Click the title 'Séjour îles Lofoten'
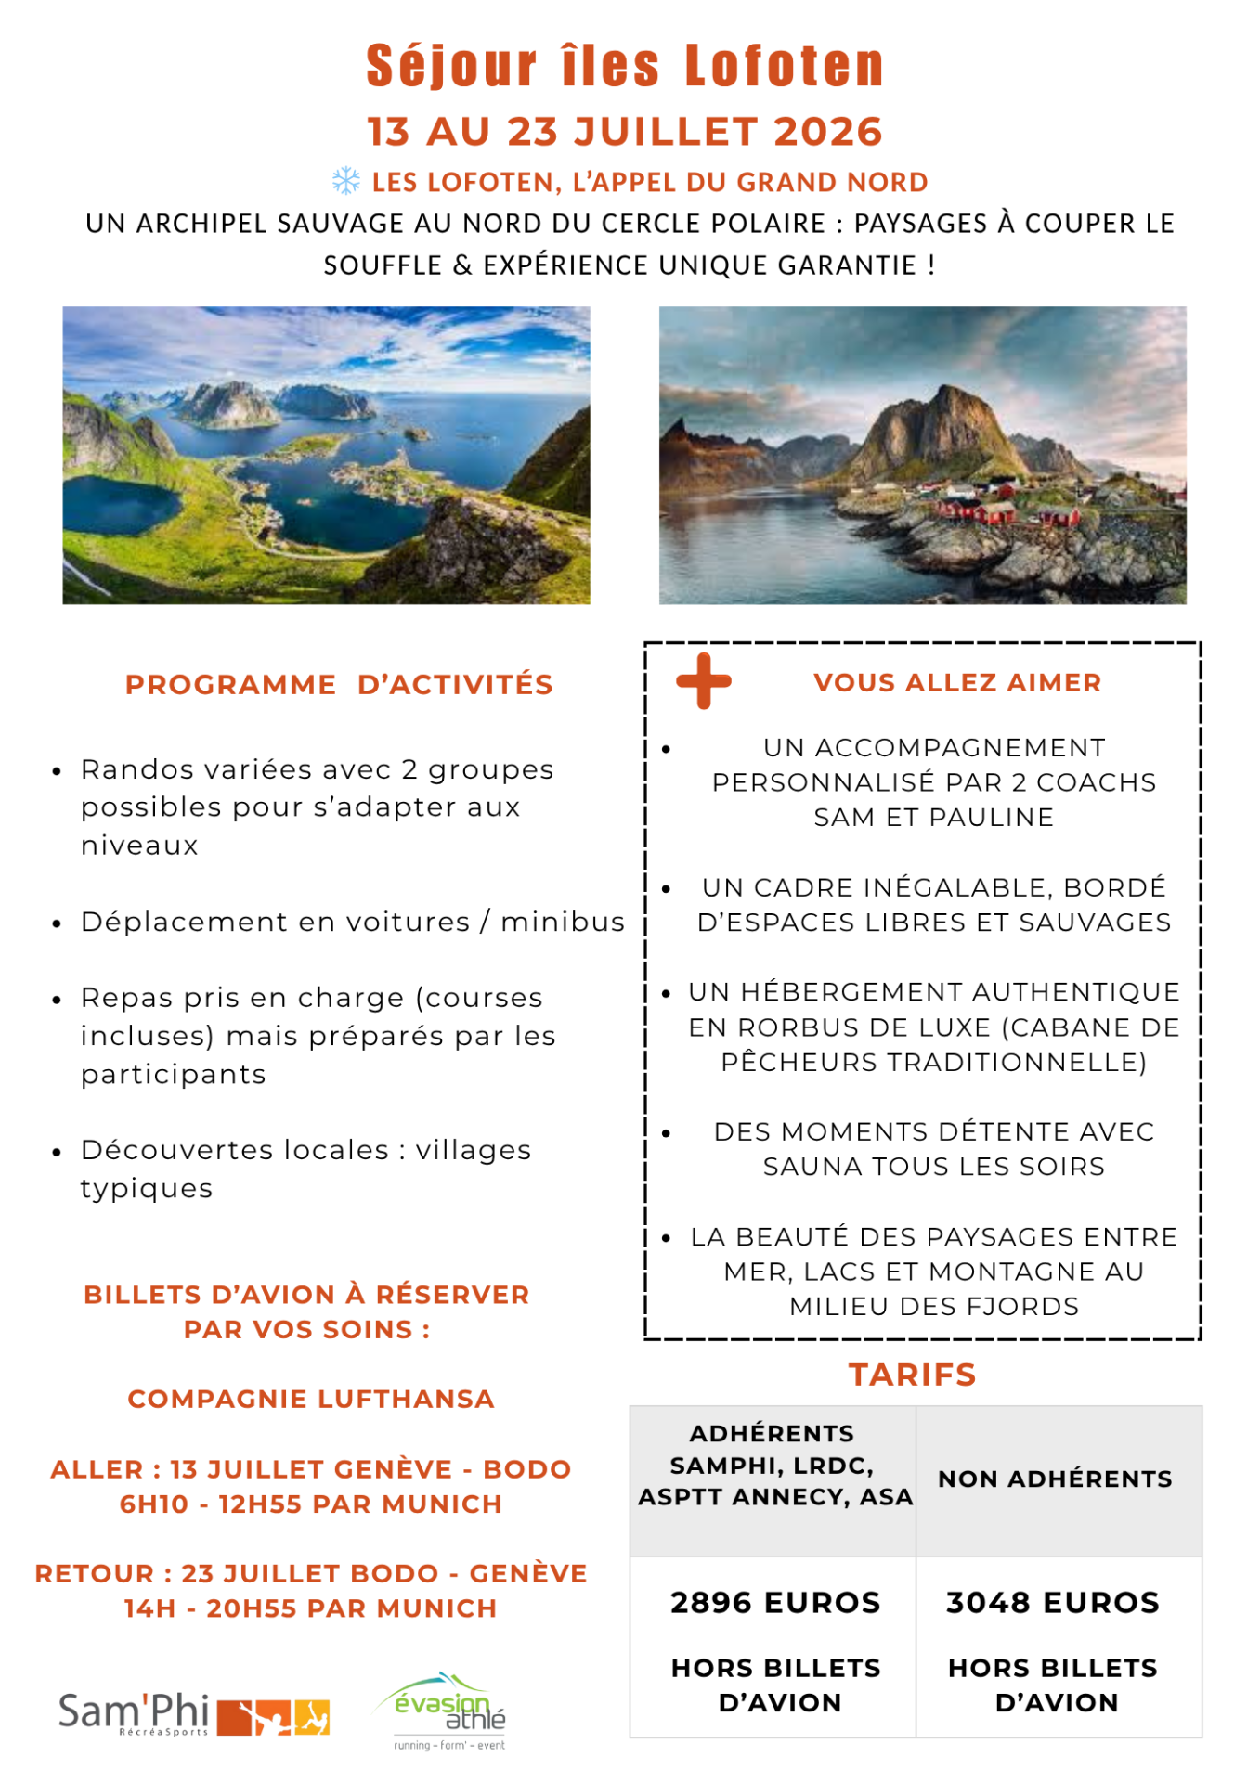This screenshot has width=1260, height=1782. (x=625, y=66)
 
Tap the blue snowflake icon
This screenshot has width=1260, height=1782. (x=346, y=181)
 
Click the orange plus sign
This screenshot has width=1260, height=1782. (x=704, y=681)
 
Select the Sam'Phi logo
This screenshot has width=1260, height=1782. (x=193, y=1715)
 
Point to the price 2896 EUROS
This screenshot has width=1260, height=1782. (x=775, y=1603)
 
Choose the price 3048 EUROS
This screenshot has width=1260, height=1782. (x=1053, y=1603)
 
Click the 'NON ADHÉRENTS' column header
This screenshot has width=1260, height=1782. (x=1055, y=1479)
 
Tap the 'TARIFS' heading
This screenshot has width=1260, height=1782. (x=912, y=1375)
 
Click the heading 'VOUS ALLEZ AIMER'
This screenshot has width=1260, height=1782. (x=957, y=683)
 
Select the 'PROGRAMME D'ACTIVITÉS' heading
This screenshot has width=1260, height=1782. (x=339, y=685)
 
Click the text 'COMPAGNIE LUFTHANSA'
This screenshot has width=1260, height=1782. (x=311, y=1399)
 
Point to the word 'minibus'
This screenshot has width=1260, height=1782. (x=563, y=922)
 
